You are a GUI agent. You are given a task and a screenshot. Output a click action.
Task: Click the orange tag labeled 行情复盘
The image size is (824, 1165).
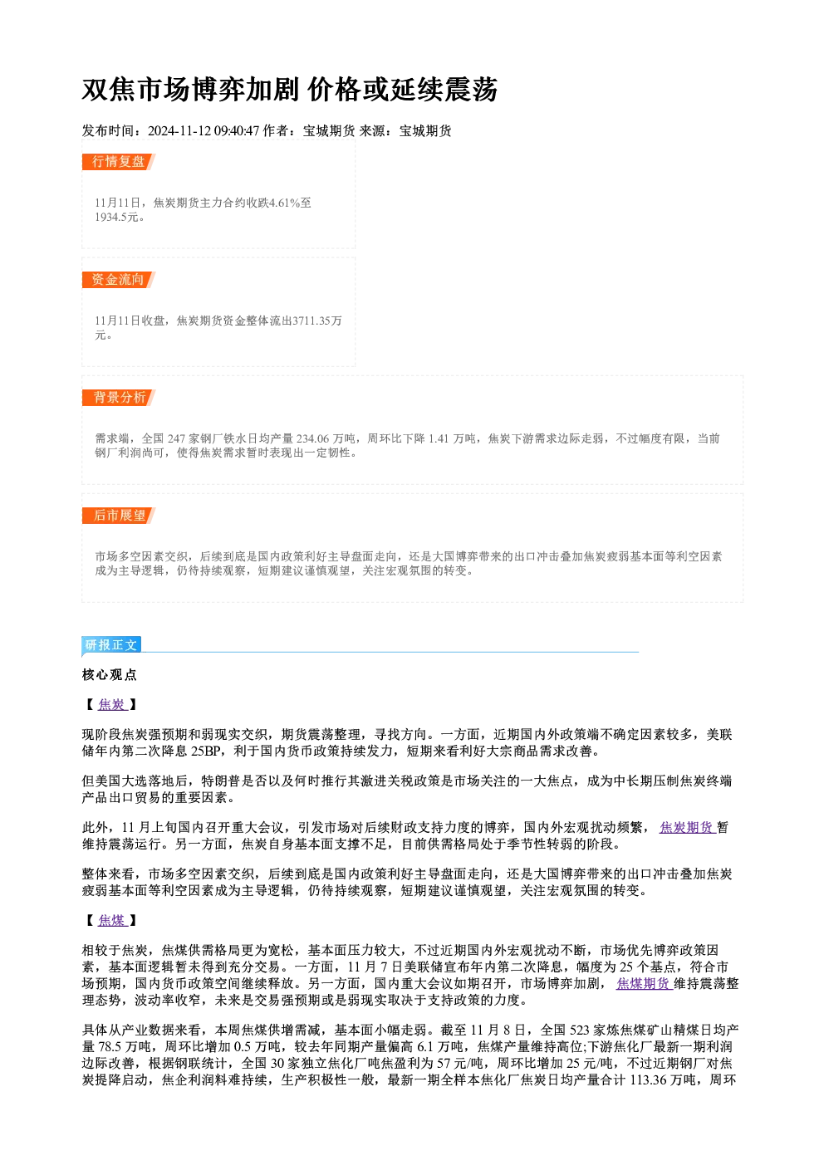[x=118, y=162]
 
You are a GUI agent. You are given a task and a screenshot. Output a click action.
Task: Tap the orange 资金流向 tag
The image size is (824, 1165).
[x=118, y=280]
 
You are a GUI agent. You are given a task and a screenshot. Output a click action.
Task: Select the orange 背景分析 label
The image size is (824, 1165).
[x=118, y=398]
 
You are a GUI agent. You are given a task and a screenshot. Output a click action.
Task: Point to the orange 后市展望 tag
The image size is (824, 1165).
[x=118, y=516]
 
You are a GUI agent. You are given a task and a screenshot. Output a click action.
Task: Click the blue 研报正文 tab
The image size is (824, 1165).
[x=110, y=645]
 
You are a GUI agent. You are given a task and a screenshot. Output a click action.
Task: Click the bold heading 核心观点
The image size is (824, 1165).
[x=110, y=675]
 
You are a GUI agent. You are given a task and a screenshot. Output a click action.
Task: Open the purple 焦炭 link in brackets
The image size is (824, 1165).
[x=112, y=705]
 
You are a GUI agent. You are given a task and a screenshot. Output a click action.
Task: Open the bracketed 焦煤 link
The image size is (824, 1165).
[x=112, y=921]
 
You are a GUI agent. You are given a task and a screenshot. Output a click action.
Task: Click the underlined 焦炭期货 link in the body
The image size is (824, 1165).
[x=687, y=828]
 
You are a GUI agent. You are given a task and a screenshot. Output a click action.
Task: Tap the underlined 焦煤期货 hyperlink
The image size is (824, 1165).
[x=645, y=983]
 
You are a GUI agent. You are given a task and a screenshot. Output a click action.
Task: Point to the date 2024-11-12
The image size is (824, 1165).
[x=179, y=131]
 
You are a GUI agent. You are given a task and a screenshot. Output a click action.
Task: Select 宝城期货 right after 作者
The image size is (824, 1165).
[x=329, y=131]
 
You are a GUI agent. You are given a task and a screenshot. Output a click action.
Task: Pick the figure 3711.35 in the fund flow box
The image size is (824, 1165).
[x=311, y=321]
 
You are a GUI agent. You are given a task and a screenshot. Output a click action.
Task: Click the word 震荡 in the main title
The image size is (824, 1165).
[x=471, y=90]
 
